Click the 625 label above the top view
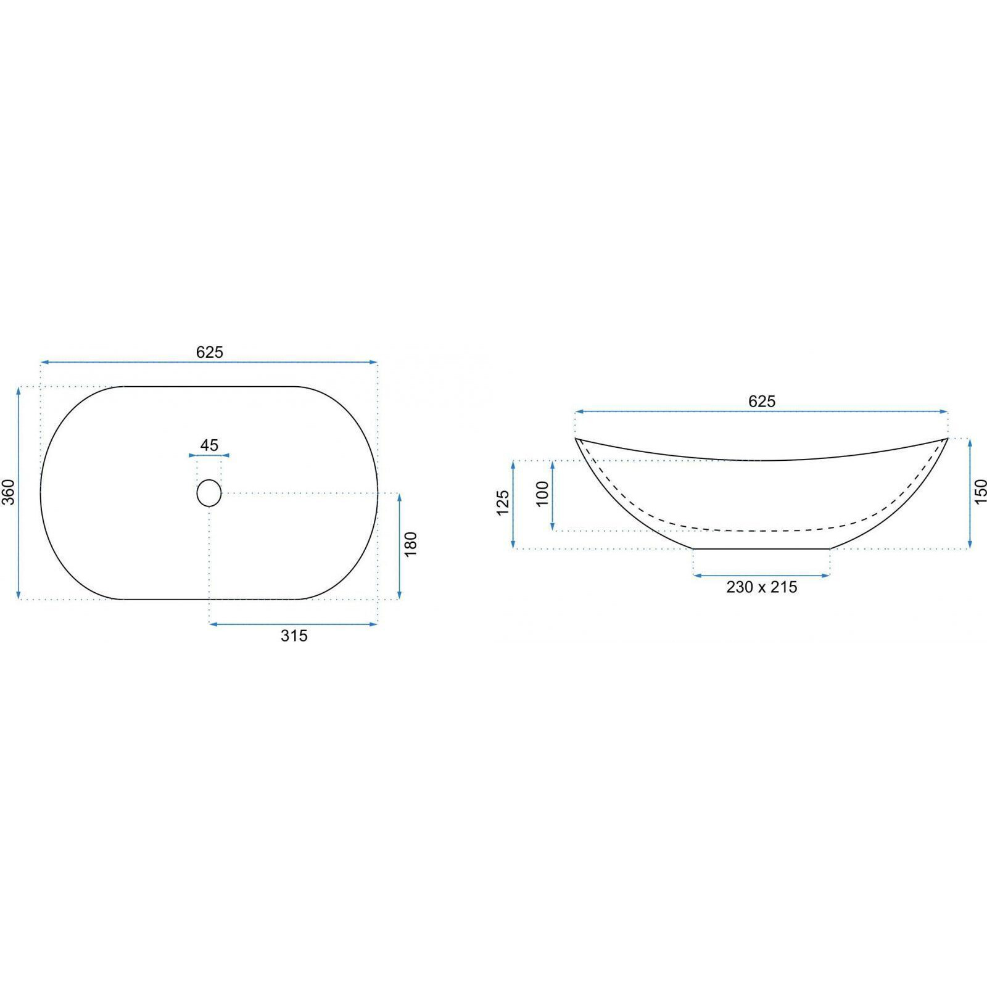click(210, 352)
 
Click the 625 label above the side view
click(762, 402)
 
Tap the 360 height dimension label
click(9, 492)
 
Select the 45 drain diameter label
click(209, 445)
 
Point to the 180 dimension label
click(411, 544)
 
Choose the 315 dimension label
click(294, 635)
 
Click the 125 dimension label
click(503, 503)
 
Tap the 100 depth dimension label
click(542, 493)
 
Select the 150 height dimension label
click(980, 492)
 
